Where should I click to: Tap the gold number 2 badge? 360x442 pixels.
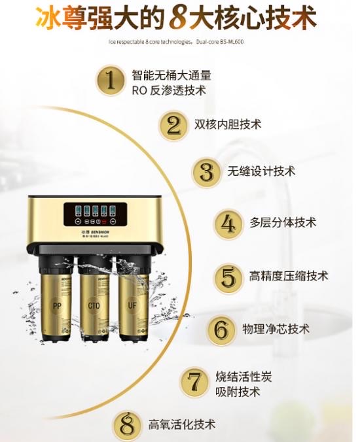pos(173,124)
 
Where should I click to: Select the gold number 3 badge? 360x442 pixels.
pos(207,172)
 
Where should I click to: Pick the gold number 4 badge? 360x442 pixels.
pos(228,223)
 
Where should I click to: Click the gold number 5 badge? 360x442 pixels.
pos(228,277)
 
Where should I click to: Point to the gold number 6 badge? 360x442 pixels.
pos(221,328)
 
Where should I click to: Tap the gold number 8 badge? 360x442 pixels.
pos(128,425)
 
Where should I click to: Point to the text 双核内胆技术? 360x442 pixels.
pos(228,124)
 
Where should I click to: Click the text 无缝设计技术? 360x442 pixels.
pos(261,171)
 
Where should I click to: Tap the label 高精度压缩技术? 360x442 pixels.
pos(289,276)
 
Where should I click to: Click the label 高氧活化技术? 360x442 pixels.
pos(181,424)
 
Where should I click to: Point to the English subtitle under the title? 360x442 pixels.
pos(178,44)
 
